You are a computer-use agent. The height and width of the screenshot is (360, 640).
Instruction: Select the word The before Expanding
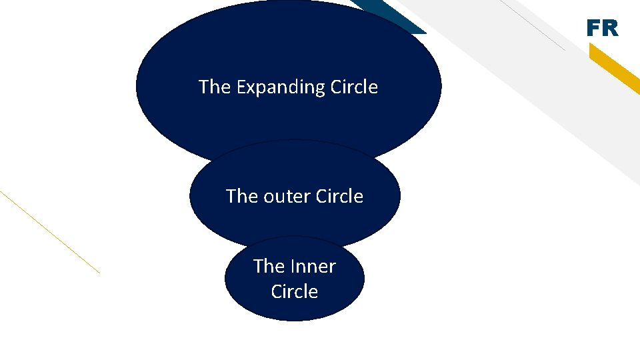click(214, 87)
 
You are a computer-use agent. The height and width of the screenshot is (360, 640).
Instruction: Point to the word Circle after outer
click(339, 197)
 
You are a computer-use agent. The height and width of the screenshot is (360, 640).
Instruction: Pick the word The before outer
click(241, 197)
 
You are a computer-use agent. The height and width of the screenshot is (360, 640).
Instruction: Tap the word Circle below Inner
click(294, 292)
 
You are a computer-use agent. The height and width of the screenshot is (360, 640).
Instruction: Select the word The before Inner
click(269, 267)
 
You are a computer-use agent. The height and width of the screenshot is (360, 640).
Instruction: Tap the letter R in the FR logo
click(610, 29)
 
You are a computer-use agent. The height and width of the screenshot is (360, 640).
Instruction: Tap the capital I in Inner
click(293, 267)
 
